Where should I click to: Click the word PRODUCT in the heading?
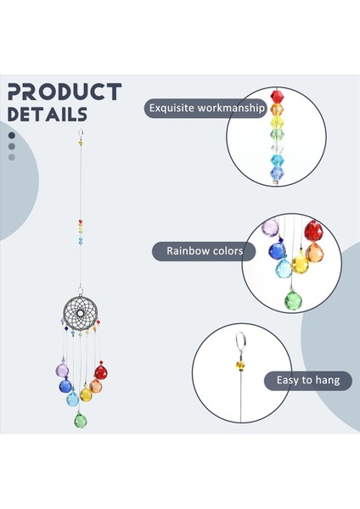point(64,92)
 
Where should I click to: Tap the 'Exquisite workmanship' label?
point(205,108)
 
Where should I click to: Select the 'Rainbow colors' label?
point(204,250)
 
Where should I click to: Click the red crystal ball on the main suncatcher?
point(101,372)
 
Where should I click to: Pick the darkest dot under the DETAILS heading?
point(12,134)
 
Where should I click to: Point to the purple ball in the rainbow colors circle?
point(271,228)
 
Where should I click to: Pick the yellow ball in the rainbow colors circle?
point(300,265)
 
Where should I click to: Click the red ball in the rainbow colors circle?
point(313,230)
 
